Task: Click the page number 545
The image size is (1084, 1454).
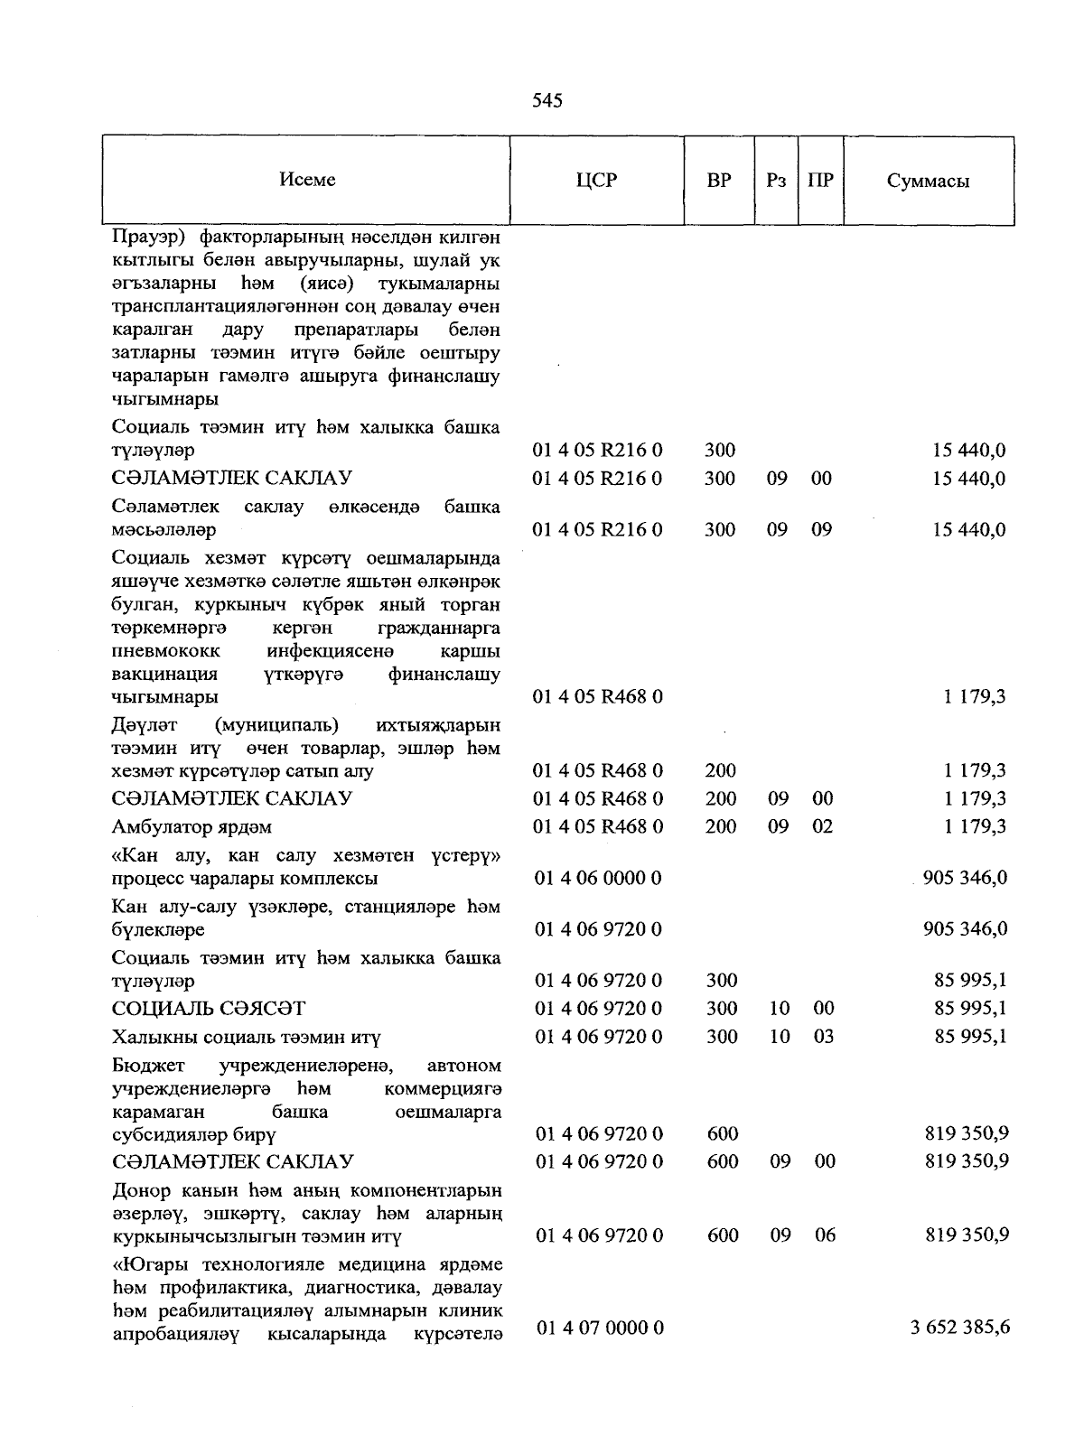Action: [547, 100]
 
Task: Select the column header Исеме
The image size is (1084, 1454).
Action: [307, 180]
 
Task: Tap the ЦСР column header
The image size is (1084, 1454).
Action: [596, 180]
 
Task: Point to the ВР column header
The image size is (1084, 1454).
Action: [719, 180]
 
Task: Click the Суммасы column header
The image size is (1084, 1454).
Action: [928, 181]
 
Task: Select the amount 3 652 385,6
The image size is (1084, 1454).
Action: [960, 1328]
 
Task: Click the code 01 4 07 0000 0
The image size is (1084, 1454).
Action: [600, 1328]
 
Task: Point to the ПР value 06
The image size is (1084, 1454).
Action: [825, 1235]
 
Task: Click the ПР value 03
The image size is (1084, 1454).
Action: [823, 1037]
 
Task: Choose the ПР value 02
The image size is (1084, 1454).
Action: [822, 826]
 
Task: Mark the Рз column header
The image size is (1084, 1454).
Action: [776, 180]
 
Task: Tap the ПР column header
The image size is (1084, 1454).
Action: [820, 180]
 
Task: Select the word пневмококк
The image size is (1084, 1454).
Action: [165, 651]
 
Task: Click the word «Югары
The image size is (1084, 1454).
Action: [148, 1263]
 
